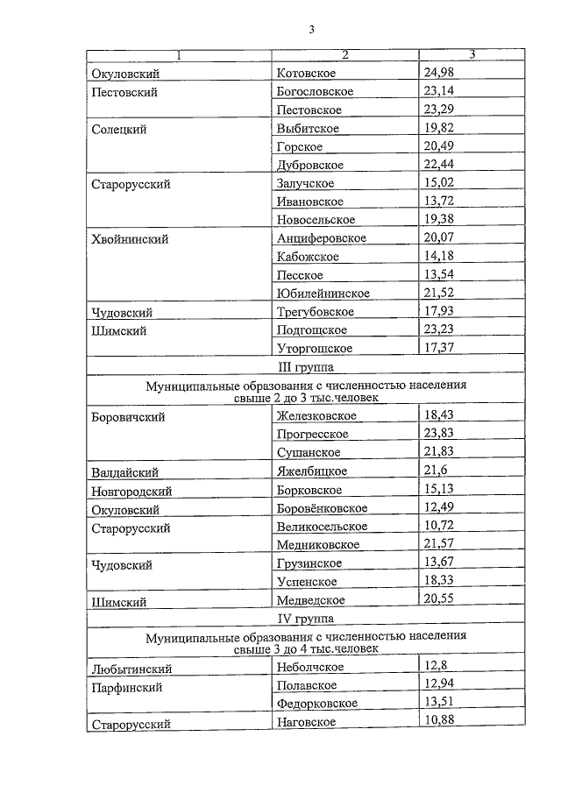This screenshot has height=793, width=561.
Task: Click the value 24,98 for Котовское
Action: coord(438,73)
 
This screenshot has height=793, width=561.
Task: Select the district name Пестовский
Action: coord(124,92)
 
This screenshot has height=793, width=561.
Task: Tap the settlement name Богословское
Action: coord(315,91)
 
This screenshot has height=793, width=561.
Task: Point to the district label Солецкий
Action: coord(118,129)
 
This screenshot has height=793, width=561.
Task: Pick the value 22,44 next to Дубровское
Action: coord(439,165)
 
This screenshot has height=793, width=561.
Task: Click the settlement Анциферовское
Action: coord(321,238)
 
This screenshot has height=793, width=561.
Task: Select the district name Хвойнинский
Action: coord(130,238)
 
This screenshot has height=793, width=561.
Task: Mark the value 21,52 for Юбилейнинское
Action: coord(439,293)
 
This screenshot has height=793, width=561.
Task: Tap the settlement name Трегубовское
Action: coord(315,311)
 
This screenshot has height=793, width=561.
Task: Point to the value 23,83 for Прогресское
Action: coord(439,434)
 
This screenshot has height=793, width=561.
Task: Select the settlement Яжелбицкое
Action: coord(309,471)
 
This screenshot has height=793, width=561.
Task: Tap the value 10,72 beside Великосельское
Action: coord(439,526)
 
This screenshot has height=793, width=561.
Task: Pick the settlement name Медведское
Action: coord(310,600)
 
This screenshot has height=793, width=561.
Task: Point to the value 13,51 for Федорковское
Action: coord(439,703)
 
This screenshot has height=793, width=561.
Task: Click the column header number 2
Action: coord(344,55)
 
